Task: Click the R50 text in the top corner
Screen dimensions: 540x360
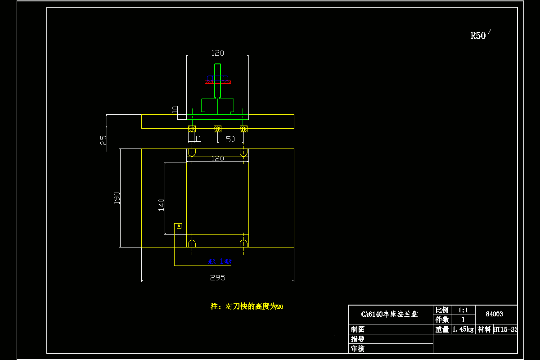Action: coord(478,36)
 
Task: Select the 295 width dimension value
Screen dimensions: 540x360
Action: coord(217,278)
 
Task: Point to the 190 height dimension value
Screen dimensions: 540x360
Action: coord(117,197)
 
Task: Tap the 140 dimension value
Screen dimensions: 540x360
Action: coord(161,204)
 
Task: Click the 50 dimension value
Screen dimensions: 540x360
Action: coord(230,139)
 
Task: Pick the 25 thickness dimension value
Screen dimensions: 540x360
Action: coord(103,140)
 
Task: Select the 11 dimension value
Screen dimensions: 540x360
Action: coord(198,139)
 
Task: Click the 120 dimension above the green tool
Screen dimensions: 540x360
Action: coord(217,53)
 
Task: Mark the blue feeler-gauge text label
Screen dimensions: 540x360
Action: coord(219,261)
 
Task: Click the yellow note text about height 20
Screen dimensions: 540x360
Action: coord(247,306)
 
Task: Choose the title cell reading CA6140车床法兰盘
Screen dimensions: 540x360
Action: coord(390,314)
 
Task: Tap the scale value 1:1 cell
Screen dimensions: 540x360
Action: coord(463,310)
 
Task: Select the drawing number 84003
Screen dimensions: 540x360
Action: coord(495,314)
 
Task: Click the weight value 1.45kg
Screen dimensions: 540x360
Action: coord(463,329)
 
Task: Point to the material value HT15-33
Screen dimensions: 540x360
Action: coord(505,329)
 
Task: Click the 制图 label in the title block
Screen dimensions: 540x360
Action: coord(358,329)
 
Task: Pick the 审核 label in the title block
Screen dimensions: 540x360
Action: coord(358,348)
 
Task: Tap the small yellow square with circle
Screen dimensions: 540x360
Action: coord(179,225)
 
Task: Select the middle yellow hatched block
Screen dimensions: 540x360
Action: coord(217,129)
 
